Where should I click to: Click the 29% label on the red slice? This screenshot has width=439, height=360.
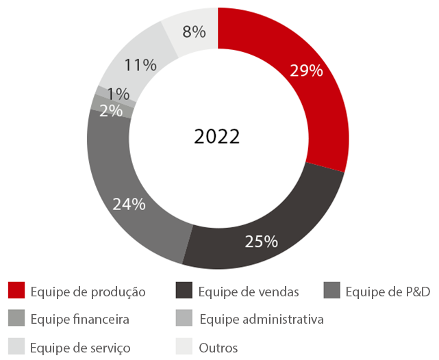306,70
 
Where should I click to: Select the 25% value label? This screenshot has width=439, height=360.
261,241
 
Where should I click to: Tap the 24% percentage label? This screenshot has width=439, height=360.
129,204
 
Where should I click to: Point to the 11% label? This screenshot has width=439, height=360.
140,65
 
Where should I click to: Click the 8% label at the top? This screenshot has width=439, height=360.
195,31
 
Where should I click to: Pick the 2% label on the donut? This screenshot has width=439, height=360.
110,110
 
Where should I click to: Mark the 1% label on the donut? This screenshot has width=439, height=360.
119,94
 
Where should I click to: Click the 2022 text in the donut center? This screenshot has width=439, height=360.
216,136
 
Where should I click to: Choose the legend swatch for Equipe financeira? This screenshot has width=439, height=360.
16,319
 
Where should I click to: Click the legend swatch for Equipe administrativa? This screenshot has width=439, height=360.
184,319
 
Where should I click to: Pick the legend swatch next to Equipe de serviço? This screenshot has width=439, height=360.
16,347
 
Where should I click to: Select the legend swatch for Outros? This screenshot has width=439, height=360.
184,347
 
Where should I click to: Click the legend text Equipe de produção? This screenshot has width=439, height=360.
88,292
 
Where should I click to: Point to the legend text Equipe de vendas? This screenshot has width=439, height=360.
249,292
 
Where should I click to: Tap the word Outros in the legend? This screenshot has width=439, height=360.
218,348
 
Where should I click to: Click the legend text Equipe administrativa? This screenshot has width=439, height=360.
261,320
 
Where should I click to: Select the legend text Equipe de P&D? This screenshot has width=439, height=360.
388,292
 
